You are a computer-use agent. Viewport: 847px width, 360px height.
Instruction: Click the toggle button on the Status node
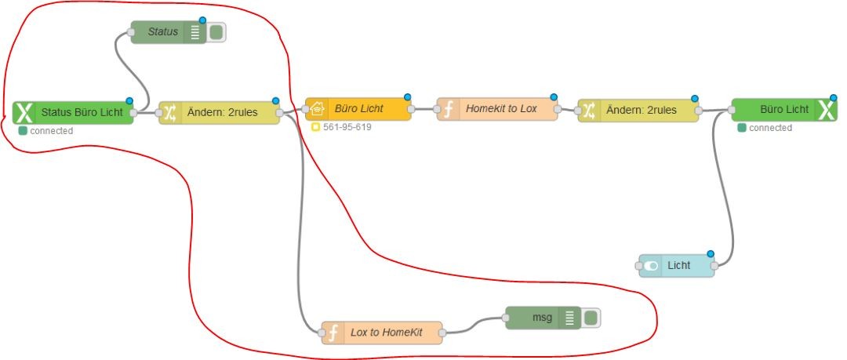click(x=216, y=32)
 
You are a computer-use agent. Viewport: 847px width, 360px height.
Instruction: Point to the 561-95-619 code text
click(x=347, y=126)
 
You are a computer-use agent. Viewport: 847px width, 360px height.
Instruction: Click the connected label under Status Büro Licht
click(x=51, y=131)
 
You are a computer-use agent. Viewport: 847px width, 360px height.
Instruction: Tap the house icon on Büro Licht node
click(x=318, y=109)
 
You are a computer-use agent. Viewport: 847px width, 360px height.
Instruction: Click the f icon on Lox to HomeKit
click(x=333, y=333)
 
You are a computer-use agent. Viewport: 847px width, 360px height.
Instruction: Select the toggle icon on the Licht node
click(x=651, y=266)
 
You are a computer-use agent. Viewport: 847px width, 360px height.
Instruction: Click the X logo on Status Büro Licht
click(x=24, y=113)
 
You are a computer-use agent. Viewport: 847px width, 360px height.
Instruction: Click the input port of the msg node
click(x=502, y=318)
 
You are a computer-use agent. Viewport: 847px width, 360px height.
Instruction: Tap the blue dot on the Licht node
click(x=711, y=253)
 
